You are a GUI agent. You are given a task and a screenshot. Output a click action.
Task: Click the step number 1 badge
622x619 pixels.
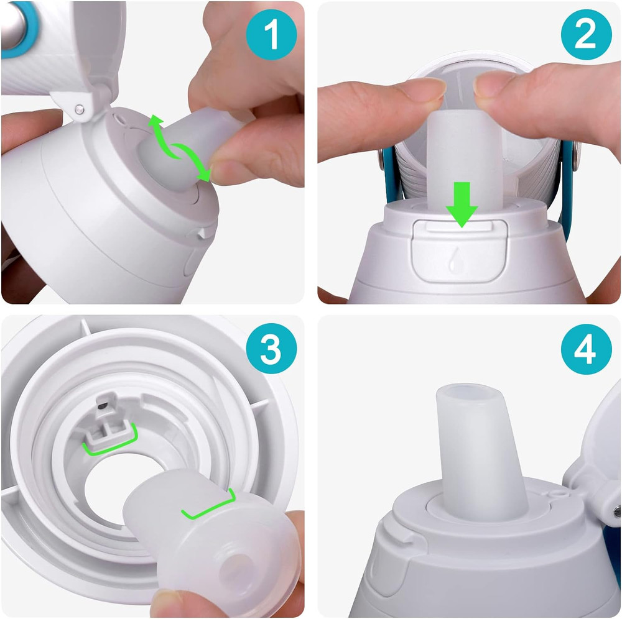point(271,35)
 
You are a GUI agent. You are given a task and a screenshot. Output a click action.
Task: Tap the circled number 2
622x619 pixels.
point(585,35)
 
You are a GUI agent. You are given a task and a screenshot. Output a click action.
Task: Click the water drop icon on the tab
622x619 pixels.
point(453,259)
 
